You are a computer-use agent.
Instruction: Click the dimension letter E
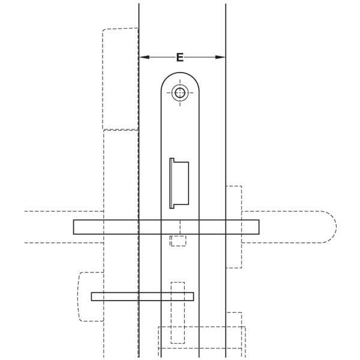pos(180,57)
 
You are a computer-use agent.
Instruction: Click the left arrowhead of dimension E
pos(144,57)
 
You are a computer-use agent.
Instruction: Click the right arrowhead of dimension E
pos(220,57)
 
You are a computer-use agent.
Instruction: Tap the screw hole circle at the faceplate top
pos(180,93)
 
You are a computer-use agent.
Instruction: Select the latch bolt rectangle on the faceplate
pos(181,183)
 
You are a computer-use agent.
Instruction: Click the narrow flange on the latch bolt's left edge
pos(172,183)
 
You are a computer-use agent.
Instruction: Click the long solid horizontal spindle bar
pos(166,227)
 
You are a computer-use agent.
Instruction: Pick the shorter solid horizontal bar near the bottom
pos(142,296)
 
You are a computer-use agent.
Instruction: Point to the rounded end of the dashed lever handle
pos(331,227)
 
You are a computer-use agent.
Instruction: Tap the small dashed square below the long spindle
pos(178,241)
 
